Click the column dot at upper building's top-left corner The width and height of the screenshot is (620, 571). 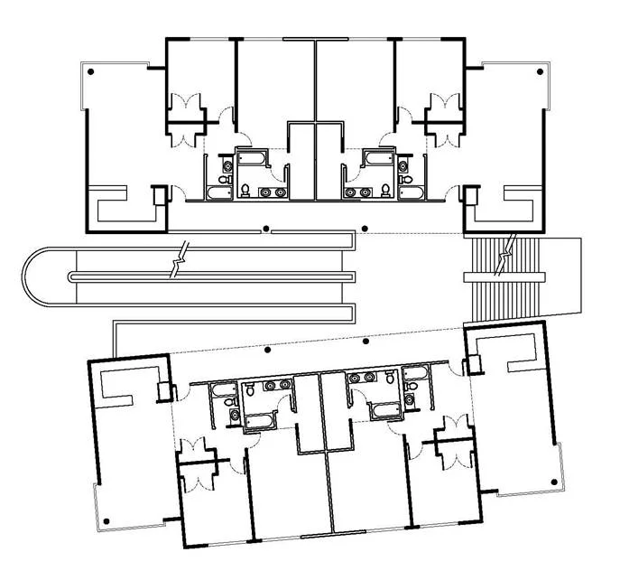click(x=103, y=70)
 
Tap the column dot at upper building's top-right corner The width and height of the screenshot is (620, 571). click(x=540, y=70)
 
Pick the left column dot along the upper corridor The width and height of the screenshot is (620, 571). click(x=266, y=229)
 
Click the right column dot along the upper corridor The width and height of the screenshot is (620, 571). click(x=365, y=229)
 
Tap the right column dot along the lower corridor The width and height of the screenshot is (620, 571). click(x=366, y=342)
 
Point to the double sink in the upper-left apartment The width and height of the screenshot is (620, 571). click(x=270, y=192)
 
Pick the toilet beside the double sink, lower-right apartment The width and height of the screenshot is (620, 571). click(x=389, y=379)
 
